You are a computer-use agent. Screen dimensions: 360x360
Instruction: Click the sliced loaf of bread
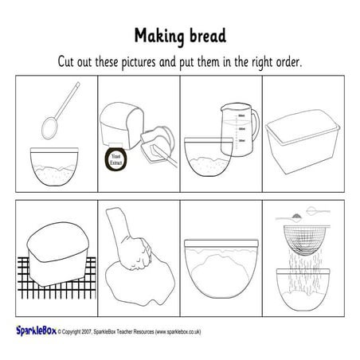123,123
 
